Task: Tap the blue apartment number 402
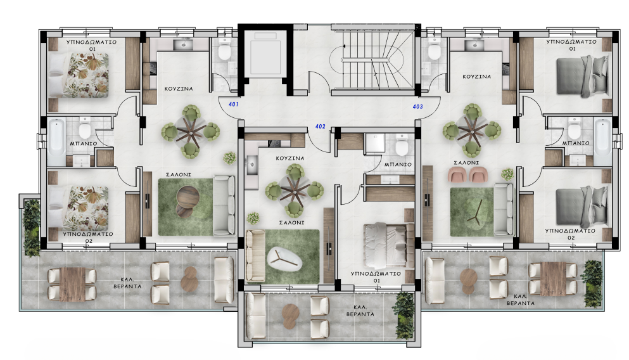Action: [x=320, y=127]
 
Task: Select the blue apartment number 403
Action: [x=417, y=106]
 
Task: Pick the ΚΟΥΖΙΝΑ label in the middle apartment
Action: [x=289, y=158]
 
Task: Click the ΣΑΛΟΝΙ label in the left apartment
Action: [x=175, y=173]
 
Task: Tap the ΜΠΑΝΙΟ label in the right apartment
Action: [x=576, y=143]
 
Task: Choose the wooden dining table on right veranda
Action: [x=552, y=278]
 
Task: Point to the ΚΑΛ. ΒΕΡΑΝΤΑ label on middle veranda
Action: [x=359, y=311]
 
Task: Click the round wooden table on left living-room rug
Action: [x=186, y=199]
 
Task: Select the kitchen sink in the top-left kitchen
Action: [x=187, y=44]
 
